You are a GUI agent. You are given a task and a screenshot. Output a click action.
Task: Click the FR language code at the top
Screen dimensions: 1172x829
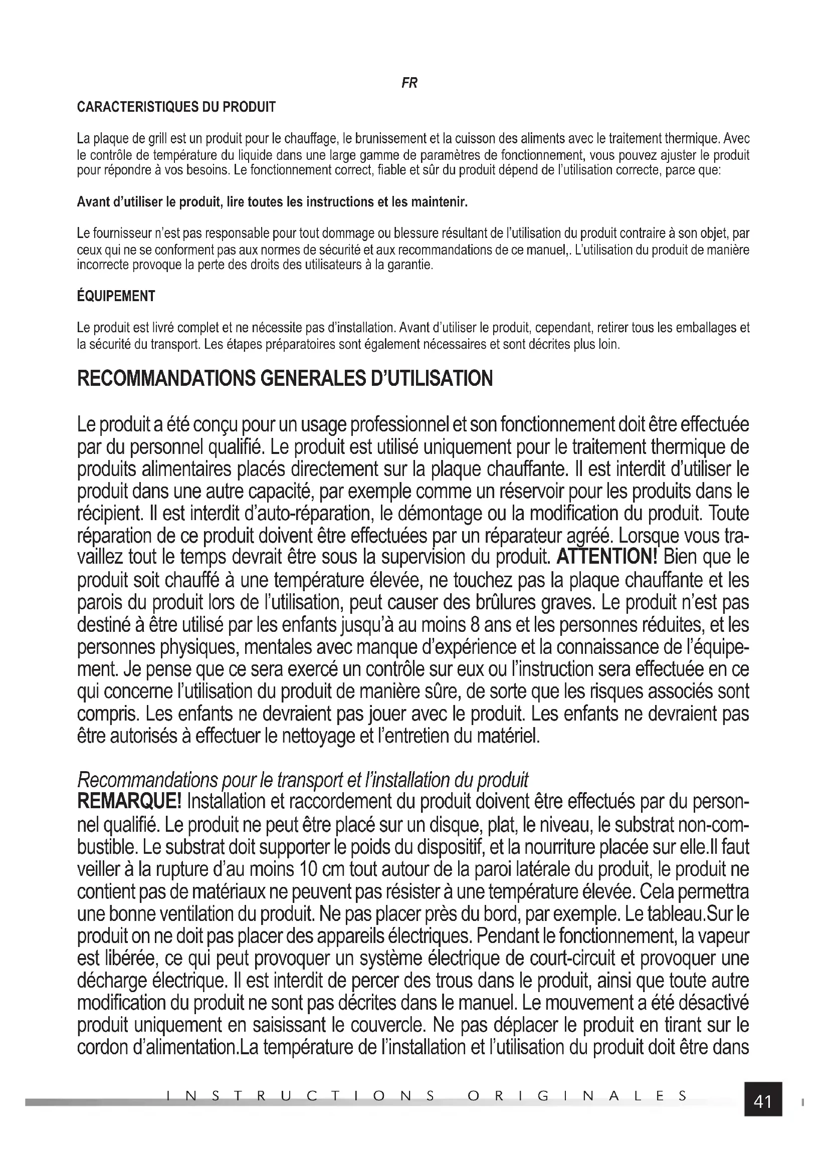(x=409, y=83)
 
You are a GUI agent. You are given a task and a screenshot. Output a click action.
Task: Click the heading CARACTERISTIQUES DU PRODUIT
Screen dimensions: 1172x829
(x=176, y=107)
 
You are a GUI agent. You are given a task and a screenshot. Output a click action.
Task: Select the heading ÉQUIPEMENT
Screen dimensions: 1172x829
(x=116, y=296)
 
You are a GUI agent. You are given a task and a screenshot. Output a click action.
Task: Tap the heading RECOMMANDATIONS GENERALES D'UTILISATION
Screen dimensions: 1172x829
(x=285, y=379)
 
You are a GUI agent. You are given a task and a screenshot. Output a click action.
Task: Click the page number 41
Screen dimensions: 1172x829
(x=763, y=1102)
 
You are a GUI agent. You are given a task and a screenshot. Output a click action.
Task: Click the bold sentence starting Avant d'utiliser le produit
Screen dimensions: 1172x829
(x=272, y=202)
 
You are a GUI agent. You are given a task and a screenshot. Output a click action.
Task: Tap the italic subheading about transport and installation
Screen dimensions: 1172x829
(x=303, y=781)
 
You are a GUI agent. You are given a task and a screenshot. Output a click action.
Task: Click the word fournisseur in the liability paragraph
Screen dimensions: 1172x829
(x=121, y=234)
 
